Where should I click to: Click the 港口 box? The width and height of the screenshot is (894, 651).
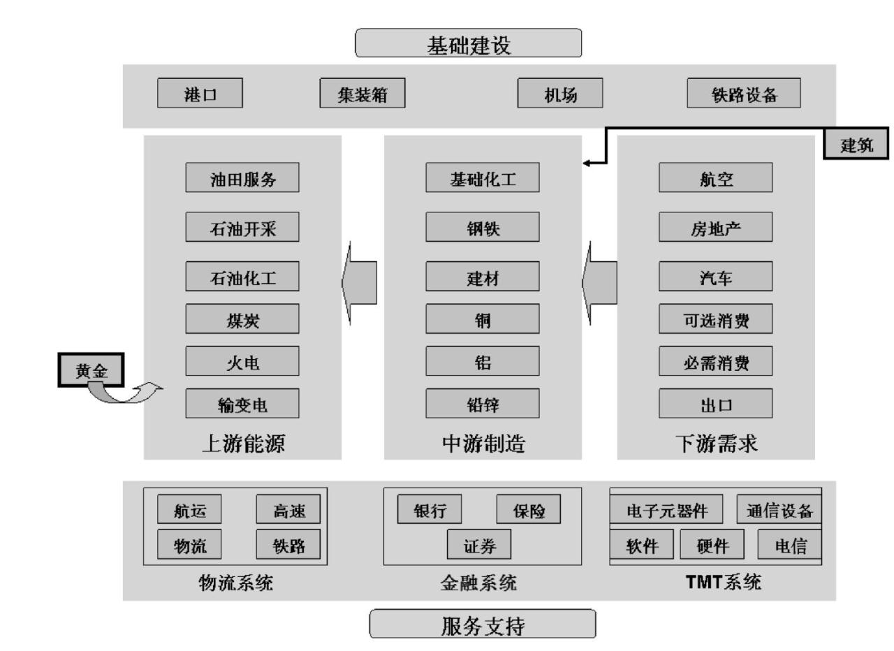pyautogui.click(x=200, y=93)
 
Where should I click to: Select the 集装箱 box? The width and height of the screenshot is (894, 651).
pyautogui.click(x=362, y=93)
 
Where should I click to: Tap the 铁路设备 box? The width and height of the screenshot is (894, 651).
pyautogui.click(x=744, y=93)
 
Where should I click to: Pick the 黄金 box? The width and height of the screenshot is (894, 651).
pyautogui.click(x=91, y=370)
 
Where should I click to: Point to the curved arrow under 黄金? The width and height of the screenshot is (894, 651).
pyautogui.click(x=125, y=393)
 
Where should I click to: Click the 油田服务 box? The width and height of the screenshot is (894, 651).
pyautogui.click(x=242, y=177)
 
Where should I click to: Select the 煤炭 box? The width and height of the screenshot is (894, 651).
pyautogui.click(x=242, y=319)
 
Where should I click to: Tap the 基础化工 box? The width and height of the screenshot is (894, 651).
pyautogui.click(x=483, y=177)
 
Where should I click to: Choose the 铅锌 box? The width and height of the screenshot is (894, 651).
pyautogui.click(x=483, y=403)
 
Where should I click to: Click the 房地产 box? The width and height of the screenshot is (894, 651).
pyautogui.click(x=716, y=226)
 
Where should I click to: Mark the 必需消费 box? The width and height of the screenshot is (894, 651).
pyautogui.click(x=716, y=360)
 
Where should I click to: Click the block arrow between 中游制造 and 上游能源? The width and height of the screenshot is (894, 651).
pyautogui.click(x=359, y=282)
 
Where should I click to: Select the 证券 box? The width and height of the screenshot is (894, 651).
pyautogui.click(x=479, y=544)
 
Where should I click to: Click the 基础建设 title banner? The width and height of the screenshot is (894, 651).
pyautogui.click(x=469, y=43)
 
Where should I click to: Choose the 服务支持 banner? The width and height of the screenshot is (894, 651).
pyautogui.click(x=483, y=624)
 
